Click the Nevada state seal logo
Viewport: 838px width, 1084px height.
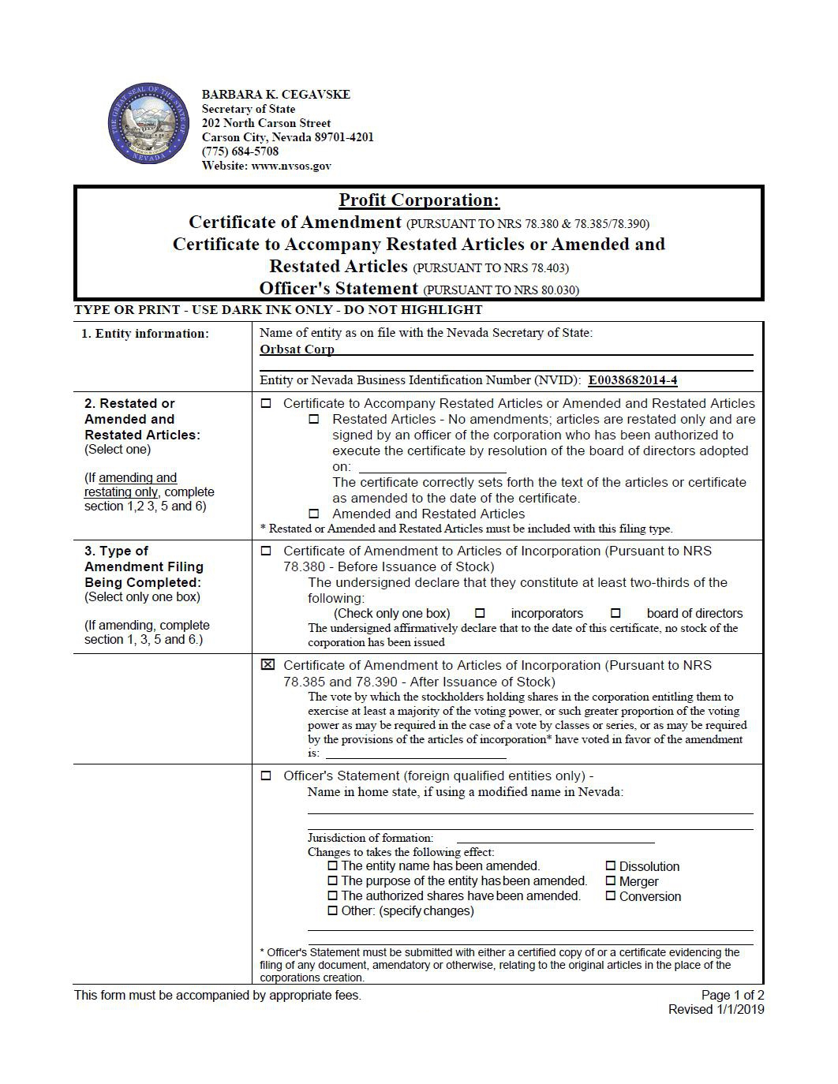click(x=148, y=125)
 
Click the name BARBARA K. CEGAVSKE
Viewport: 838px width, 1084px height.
click(x=275, y=95)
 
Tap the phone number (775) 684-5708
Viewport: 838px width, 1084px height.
click(x=240, y=151)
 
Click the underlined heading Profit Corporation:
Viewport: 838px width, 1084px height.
click(x=419, y=200)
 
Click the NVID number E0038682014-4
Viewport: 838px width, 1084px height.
click(x=632, y=380)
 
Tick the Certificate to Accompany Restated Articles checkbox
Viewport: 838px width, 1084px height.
click(x=266, y=404)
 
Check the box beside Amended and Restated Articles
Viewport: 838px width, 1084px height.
click(x=315, y=514)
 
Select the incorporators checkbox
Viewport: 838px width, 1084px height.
click(x=480, y=613)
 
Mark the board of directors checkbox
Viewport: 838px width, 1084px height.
click(x=615, y=613)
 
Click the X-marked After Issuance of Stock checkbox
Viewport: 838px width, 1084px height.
click(x=267, y=665)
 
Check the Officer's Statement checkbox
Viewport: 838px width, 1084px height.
click(x=266, y=776)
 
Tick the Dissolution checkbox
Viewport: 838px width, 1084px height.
click(x=611, y=866)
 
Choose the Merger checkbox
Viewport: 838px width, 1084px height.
click(x=611, y=881)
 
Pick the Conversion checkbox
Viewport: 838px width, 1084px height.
click(x=611, y=896)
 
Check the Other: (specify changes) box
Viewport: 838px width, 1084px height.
click(x=333, y=911)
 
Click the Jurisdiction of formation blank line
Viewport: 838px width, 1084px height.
click(x=555, y=839)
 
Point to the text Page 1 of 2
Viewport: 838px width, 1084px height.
click(x=732, y=995)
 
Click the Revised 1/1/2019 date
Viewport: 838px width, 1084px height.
click(x=716, y=1009)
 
